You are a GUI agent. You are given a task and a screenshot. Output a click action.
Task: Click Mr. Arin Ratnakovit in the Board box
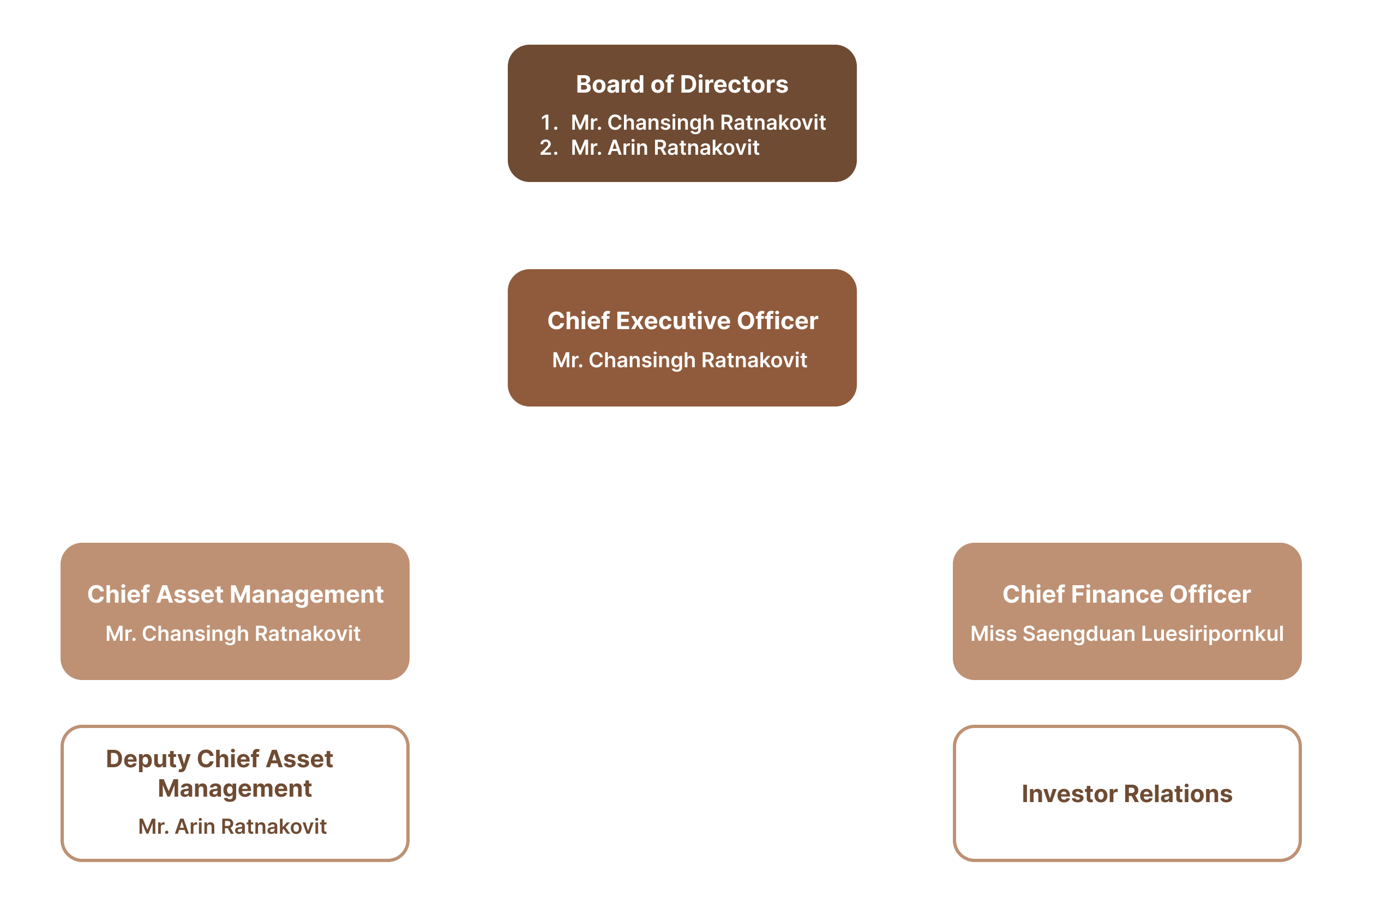pos(665,148)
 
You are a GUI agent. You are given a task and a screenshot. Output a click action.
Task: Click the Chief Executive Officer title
pos(682,321)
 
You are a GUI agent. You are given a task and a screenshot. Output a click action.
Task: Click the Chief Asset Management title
pos(235,594)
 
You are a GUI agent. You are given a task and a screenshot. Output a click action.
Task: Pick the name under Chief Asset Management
pos(233,634)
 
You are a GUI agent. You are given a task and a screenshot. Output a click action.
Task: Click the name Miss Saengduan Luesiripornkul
pos(1127,634)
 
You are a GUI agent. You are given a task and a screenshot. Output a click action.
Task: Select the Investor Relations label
pos(1127,793)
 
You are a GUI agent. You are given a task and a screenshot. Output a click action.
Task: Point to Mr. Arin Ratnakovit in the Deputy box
pos(232,827)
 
